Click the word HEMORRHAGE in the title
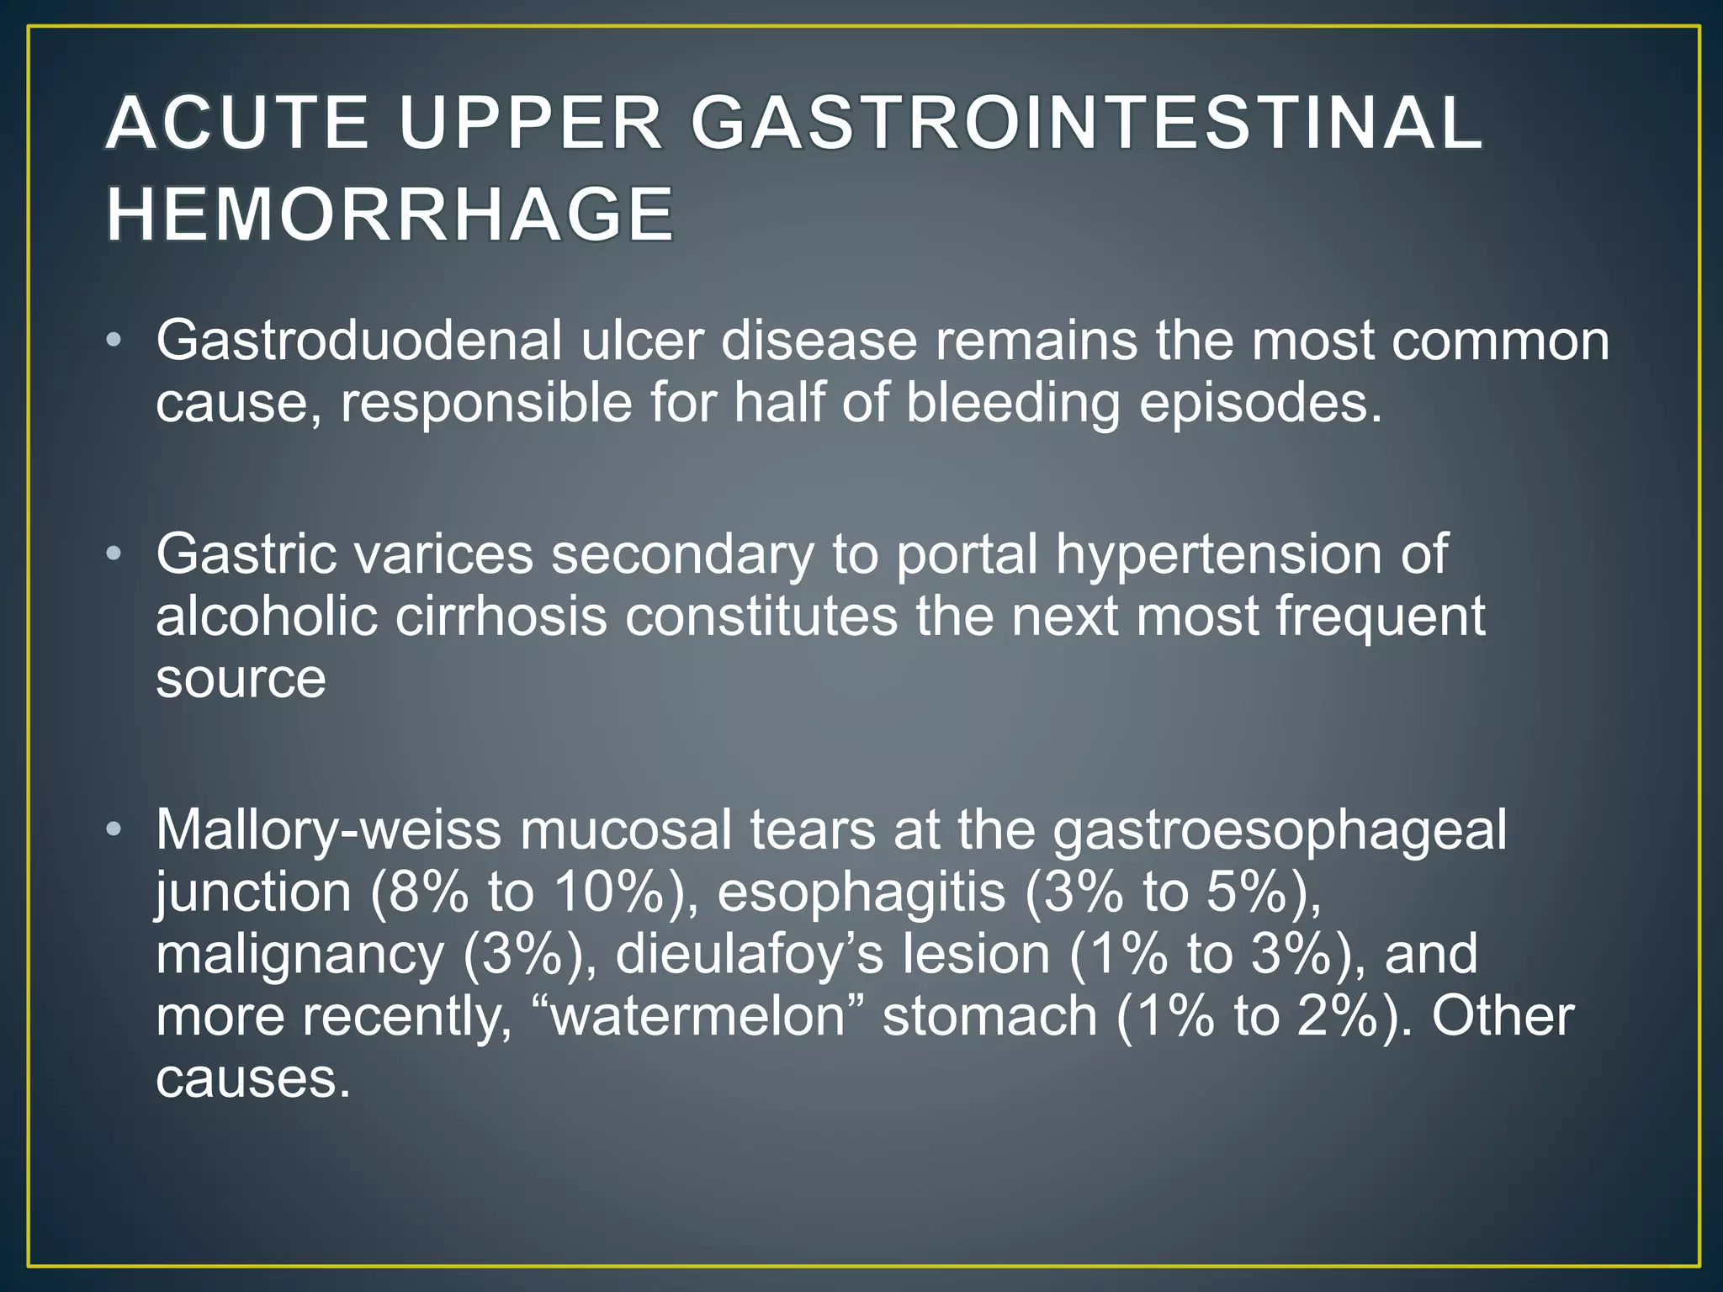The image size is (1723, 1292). [x=390, y=214]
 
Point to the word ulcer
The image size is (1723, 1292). [x=642, y=342]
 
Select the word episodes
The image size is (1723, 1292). [x=1260, y=405]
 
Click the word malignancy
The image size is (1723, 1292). [x=300, y=956]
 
